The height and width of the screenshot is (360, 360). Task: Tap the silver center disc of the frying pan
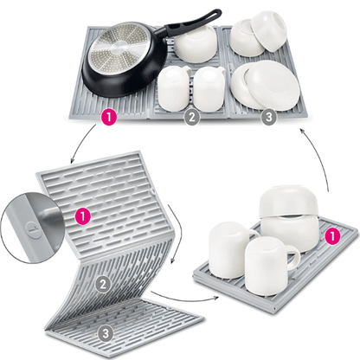coord(119,48)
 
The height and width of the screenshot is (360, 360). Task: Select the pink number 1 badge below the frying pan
coord(109,118)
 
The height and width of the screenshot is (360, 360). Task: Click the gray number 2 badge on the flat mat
coord(191,117)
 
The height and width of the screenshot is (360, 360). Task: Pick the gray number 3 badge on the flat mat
coord(268,118)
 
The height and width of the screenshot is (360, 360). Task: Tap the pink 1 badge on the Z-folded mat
coord(83,216)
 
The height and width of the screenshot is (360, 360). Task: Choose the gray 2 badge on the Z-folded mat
coord(103,284)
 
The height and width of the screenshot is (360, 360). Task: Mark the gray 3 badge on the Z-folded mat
coord(106,334)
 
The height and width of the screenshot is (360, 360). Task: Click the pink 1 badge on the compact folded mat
coord(332,237)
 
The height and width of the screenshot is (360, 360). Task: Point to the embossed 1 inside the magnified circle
coord(33,229)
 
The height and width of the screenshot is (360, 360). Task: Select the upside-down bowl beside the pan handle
coord(196,43)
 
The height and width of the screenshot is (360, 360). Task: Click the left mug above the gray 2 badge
coord(174,88)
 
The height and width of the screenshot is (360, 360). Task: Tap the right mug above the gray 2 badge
coord(209,88)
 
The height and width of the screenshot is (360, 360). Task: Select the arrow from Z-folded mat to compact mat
coord(184,299)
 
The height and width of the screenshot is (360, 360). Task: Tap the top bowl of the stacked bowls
coord(288,201)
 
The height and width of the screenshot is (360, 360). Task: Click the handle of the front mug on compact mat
coord(293,257)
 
